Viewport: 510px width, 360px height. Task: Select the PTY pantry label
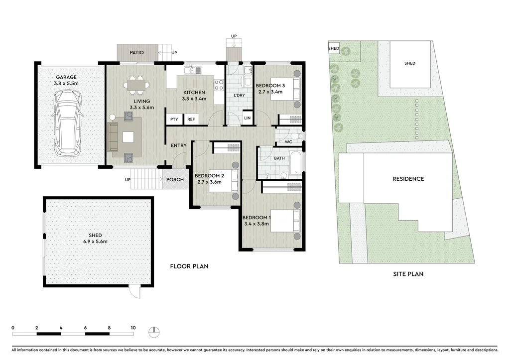[174, 120]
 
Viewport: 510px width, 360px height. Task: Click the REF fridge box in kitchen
[191, 120]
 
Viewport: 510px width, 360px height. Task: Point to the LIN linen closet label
[248, 118]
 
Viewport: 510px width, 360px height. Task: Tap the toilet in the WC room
[295, 136]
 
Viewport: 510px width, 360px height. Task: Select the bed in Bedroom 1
[286, 221]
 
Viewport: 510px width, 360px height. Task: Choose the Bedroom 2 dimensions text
[209, 182]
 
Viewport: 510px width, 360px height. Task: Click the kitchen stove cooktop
[219, 85]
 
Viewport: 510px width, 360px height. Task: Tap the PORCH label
[175, 180]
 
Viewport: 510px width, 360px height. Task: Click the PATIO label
[136, 52]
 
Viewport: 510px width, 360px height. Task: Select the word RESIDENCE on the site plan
[408, 179]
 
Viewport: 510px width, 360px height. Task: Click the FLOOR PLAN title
[189, 266]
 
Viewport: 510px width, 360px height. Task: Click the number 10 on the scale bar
[133, 328]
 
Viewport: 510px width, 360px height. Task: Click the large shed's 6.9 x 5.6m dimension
[95, 241]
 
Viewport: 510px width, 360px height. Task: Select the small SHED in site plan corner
[334, 48]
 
